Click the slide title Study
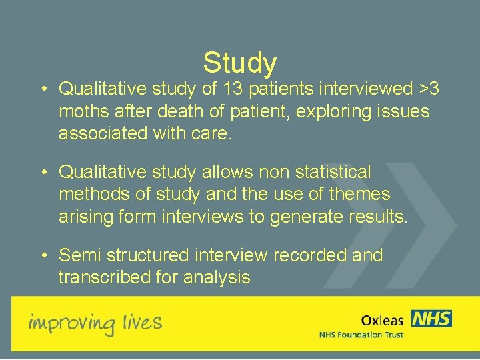coord(240,63)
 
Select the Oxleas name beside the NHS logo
coord(383,320)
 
